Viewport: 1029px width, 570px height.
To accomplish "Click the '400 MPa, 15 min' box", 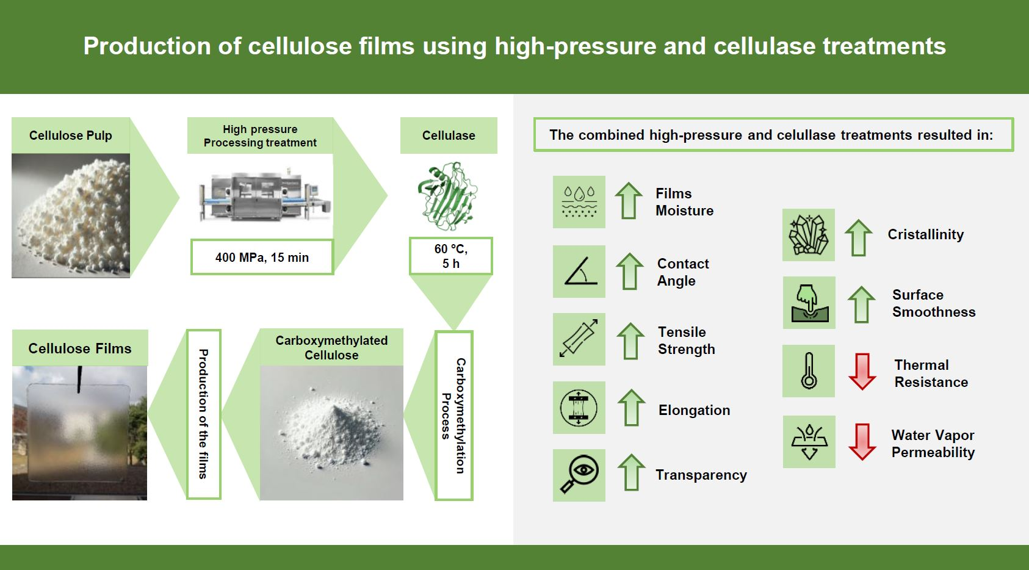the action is tap(262, 257).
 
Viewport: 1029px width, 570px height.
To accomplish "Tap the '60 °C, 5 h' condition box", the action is tap(450, 256).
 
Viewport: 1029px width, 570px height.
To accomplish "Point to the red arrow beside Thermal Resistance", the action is tap(862, 372).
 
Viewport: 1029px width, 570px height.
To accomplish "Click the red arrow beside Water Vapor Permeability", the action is tap(862, 441).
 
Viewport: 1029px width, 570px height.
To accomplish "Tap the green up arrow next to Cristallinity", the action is tap(858, 237).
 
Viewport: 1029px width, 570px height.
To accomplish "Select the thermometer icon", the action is tap(809, 371).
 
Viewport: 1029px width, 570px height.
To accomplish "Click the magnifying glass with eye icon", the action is tap(579, 475).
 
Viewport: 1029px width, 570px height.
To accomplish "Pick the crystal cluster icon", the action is tap(809, 235).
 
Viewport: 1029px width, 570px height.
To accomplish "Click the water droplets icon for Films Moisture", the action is tap(579, 201).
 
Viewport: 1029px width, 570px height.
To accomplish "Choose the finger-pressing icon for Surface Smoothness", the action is tap(809, 303).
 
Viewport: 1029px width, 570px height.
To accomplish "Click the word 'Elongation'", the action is tap(694, 410).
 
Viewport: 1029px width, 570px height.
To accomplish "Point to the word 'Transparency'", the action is tap(701, 475).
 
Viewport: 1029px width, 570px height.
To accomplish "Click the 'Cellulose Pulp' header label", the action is tap(71, 135).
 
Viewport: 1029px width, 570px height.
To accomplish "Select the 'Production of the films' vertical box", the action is tap(203, 414).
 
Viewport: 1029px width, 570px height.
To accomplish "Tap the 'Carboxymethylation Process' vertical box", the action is tap(454, 416).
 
